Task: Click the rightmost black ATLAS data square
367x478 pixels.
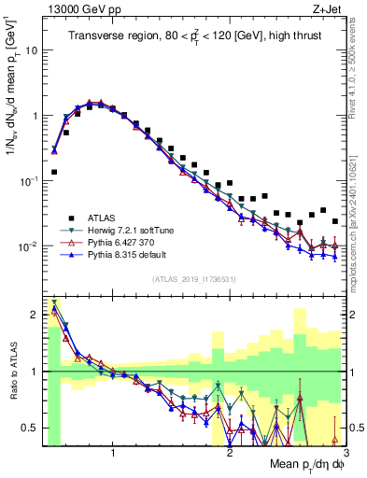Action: [x=335, y=221]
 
